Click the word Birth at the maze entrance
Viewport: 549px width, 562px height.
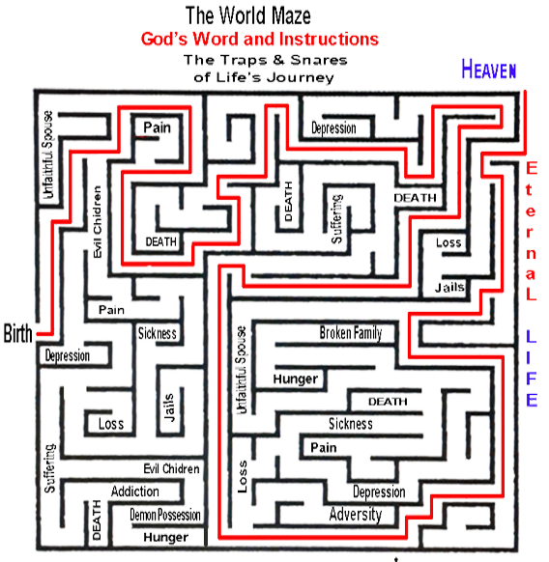coord(18,333)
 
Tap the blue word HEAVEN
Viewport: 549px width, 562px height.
coord(489,69)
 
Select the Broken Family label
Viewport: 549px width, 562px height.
coord(351,333)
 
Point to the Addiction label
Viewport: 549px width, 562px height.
coord(135,492)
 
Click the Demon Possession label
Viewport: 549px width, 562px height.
coord(165,515)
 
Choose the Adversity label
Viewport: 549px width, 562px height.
coord(356,515)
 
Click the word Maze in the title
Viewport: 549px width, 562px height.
coord(291,15)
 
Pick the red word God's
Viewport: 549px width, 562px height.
coord(164,39)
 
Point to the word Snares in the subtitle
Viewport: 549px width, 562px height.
coord(319,60)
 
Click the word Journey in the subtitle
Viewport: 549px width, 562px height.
coord(300,77)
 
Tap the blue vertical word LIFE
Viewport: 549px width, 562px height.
coord(531,368)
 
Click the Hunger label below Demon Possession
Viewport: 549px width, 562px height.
coord(166,537)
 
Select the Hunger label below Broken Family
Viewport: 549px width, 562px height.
coord(296,379)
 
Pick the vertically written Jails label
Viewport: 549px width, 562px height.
coord(168,407)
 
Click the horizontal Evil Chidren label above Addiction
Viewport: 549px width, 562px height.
coord(171,468)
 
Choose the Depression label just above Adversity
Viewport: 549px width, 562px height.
coord(379,492)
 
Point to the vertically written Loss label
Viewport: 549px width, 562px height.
coord(243,476)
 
